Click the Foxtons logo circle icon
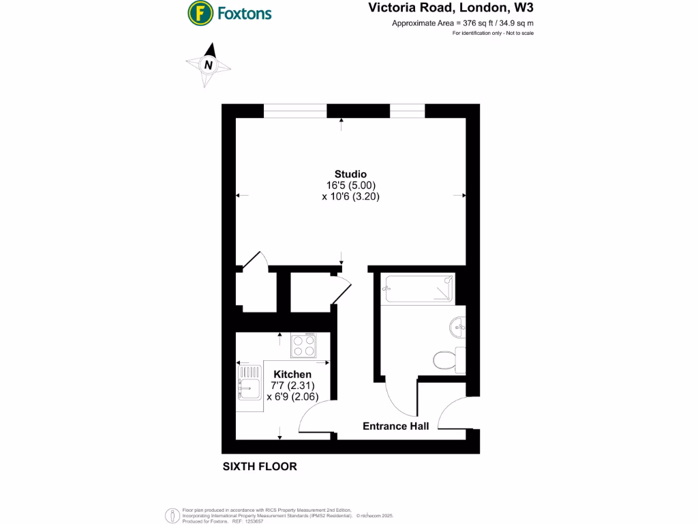click(x=199, y=12)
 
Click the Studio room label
click(x=350, y=173)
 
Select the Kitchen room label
click(x=292, y=375)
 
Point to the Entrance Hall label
click(x=395, y=426)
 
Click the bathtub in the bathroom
click(x=417, y=288)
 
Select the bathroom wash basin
click(x=457, y=327)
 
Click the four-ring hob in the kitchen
click(x=303, y=345)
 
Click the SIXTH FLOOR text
click(x=260, y=467)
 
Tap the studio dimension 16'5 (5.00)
click(x=350, y=185)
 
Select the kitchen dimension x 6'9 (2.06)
click(x=292, y=396)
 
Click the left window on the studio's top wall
click(x=294, y=111)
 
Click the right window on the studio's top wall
click(x=407, y=111)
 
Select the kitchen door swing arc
click(x=314, y=416)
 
